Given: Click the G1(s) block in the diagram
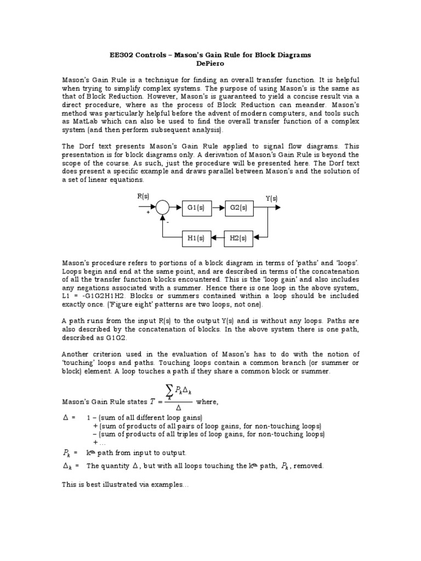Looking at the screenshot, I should tap(196, 208).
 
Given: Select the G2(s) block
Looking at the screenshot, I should tap(239, 208).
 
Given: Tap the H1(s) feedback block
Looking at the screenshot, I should tap(196, 238).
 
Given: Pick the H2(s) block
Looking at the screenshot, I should tap(239, 238).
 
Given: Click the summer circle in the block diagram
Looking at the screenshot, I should tap(162, 208).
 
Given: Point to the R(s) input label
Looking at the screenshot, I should tap(143, 196).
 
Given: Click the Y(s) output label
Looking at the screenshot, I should tap(271, 198).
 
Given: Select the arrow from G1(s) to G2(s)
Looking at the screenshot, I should tap(217, 208).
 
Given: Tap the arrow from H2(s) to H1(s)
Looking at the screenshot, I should tap(217, 238).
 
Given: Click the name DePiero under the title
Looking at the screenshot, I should tap(210, 64).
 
